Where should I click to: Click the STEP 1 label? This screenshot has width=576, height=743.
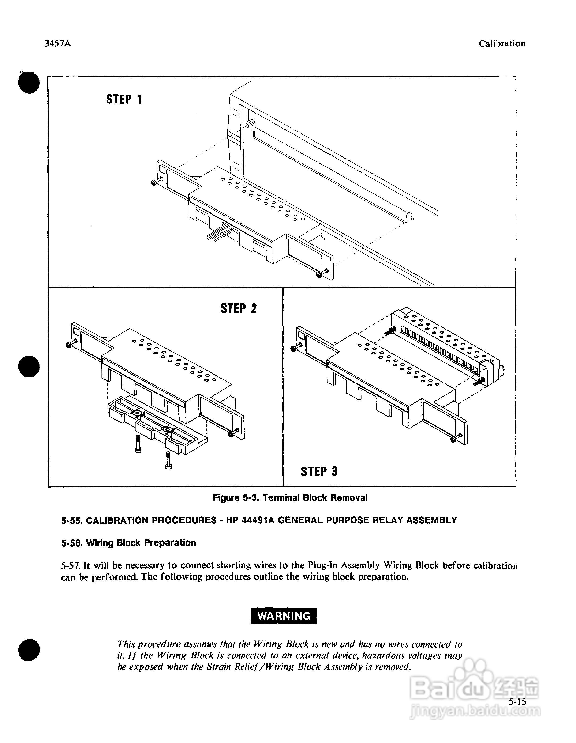point(124,99)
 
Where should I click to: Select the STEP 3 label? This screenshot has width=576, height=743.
point(319,471)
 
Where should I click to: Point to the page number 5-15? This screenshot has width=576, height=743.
point(517,701)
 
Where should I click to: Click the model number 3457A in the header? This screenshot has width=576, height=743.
point(58,44)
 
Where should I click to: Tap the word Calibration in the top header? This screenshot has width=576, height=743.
point(502,44)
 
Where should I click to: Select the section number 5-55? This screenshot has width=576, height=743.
point(72,520)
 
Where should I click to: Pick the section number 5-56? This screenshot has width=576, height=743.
point(72,543)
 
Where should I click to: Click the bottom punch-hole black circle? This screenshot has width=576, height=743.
point(29,650)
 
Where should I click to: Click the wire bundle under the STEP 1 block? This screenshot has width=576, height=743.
point(217,235)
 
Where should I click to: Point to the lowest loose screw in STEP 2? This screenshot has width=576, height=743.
point(168,461)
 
